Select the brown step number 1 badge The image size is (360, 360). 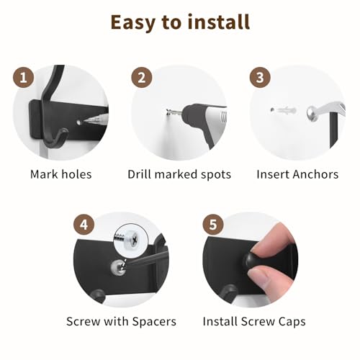23,78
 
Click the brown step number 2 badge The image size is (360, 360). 142,78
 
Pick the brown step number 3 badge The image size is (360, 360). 260,78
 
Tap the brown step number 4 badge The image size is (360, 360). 84,225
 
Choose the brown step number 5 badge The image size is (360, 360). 213,225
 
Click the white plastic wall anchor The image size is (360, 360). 283,110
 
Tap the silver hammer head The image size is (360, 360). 312,113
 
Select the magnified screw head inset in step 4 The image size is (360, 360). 128,238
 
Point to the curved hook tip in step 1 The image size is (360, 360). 66,130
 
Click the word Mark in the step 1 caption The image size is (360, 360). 45,174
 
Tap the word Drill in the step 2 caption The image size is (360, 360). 140,174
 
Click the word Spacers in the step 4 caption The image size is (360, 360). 154,321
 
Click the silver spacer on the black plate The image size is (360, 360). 119,267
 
